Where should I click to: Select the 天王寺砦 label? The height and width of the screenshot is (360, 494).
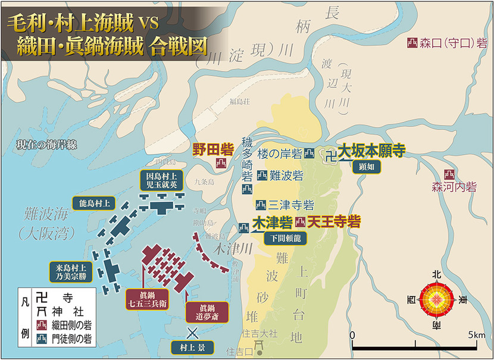coord(335,222)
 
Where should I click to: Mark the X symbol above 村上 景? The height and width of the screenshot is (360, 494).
coord(192,331)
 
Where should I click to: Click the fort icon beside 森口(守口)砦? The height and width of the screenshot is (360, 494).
coord(411,43)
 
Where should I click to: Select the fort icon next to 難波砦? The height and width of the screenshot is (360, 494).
coord(262,176)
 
